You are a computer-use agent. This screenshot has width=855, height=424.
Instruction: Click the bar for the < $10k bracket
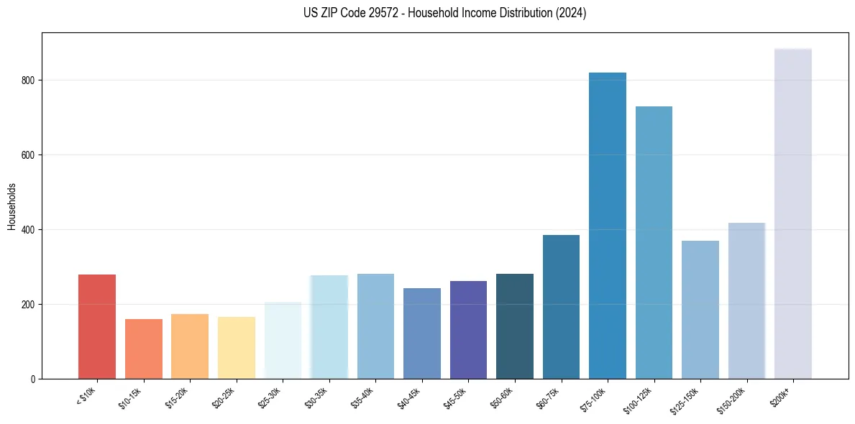click(97, 327)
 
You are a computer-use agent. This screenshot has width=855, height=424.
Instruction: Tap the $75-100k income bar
click(608, 226)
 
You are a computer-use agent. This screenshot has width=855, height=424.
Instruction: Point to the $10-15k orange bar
click(143, 349)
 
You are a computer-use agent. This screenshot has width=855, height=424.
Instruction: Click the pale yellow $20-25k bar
click(236, 348)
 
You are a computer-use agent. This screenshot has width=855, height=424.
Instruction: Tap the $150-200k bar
click(746, 301)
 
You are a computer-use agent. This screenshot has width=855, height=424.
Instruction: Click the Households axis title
click(12, 206)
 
